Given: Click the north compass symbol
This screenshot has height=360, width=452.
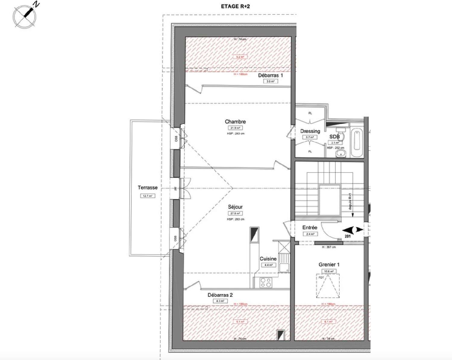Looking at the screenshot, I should click(x=25, y=17).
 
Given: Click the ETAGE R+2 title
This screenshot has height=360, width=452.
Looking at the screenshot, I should click(x=235, y=6).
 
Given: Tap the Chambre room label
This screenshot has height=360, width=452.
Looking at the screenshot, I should click(x=235, y=122).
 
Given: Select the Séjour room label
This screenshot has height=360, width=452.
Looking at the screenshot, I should click(x=235, y=207).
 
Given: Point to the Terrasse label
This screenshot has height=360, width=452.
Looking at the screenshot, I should click(x=148, y=188).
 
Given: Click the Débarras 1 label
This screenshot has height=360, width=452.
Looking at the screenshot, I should click(x=270, y=75).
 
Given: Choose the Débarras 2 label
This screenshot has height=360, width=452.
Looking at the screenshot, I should click(x=220, y=295).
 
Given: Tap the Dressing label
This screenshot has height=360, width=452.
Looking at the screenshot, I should click(x=310, y=131).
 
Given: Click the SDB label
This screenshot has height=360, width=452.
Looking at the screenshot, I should click(x=334, y=137).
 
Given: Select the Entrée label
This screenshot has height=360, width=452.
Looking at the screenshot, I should click(x=310, y=228).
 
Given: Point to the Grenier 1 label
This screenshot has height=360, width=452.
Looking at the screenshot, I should click(x=329, y=265).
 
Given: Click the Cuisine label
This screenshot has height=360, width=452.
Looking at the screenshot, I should click(x=268, y=259).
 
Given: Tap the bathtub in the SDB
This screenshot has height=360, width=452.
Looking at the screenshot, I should click(x=357, y=143).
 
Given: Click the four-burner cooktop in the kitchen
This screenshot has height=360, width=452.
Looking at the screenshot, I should click(x=266, y=283).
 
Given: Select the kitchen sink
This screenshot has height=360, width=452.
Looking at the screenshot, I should click(x=284, y=267).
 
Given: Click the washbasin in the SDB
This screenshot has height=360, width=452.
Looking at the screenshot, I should click(x=341, y=154).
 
